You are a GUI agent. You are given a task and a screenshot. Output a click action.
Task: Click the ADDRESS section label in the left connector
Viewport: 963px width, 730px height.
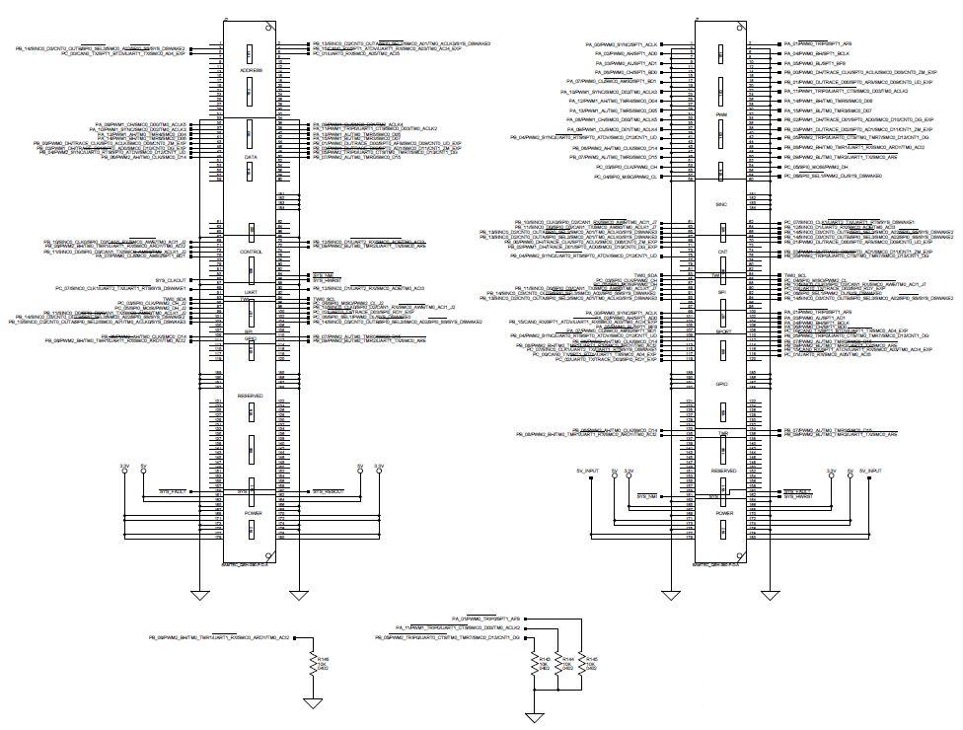(x=251, y=71)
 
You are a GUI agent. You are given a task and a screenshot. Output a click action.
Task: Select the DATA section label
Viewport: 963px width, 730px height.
(x=251, y=157)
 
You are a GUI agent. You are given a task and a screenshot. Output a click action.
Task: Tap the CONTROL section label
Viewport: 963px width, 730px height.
(x=251, y=252)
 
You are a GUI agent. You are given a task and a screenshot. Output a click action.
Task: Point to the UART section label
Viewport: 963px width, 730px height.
(x=251, y=293)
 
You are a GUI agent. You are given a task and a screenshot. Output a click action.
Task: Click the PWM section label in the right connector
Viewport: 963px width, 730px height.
(x=720, y=114)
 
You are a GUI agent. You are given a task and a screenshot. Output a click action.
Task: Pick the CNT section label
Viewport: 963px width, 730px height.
(x=720, y=252)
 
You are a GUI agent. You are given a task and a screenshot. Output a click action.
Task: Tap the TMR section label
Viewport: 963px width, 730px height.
(x=720, y=434)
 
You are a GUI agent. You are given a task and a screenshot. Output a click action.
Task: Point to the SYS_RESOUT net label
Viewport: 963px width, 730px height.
(x=330, y=490)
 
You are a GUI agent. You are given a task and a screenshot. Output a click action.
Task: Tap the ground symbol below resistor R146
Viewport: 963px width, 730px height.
(x=313, y=702)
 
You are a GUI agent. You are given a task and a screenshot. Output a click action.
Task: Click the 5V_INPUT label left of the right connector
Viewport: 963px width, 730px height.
(x=587, y=472)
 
